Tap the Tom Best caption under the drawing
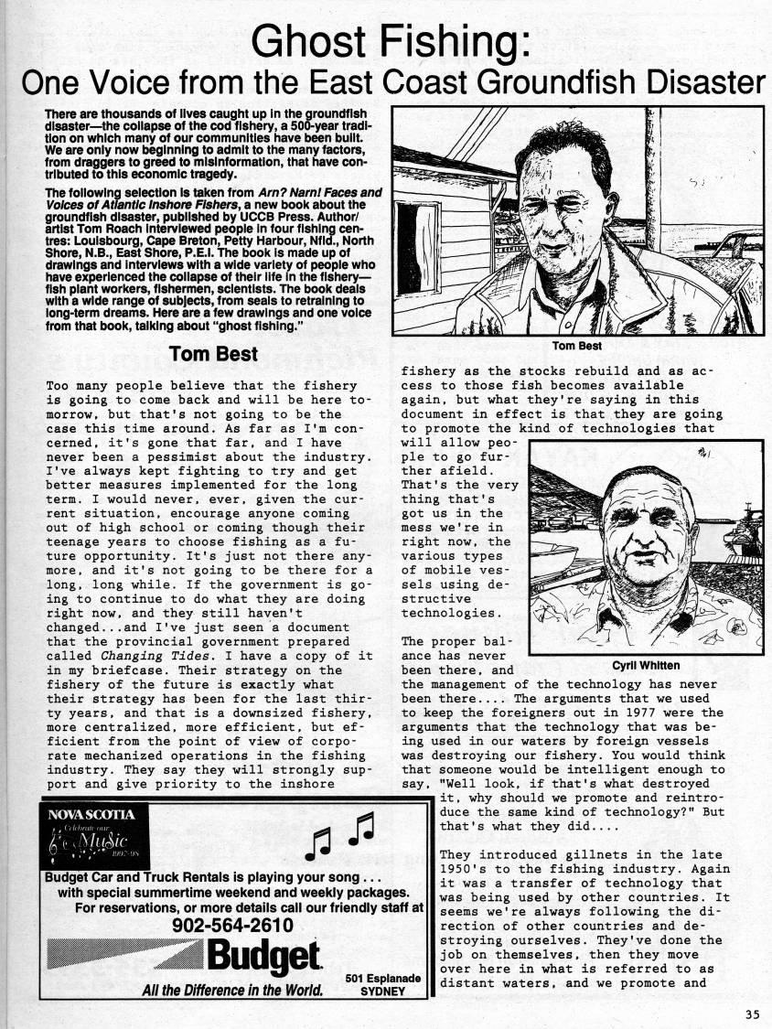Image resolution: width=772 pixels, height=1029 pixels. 577,345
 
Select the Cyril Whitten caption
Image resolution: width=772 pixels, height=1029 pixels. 645,665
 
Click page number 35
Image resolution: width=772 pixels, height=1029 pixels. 751,1013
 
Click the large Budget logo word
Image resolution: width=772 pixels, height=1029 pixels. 264,958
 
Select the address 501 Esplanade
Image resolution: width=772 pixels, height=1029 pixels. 382,979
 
